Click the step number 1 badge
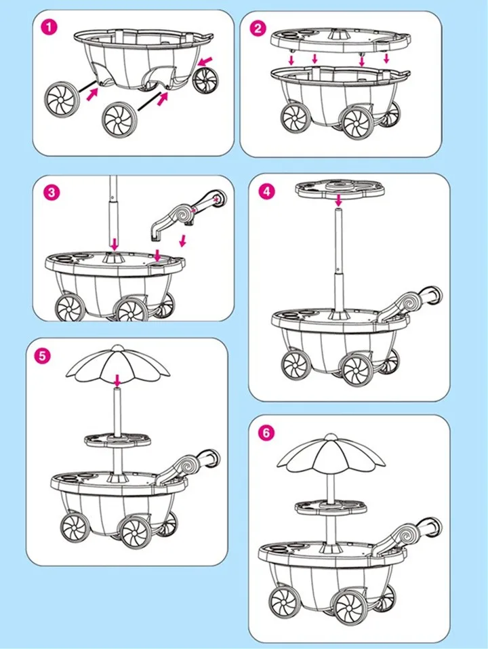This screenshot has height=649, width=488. [x=49, y=28]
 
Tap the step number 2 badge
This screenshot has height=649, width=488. [x=258, y=28]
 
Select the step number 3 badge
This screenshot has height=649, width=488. [x=52, y=192]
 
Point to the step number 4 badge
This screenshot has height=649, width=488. [x=266, y=191]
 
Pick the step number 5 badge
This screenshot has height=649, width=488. [x=42, y=356]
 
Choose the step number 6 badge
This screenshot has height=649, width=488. [x=266, y=433]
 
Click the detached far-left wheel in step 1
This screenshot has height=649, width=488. [x=62, y=100]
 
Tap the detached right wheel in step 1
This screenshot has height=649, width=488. [x=205, y=80]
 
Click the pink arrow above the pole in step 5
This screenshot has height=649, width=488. [x=118, y=380]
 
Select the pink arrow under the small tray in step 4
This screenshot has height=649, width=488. [x=339, y=201]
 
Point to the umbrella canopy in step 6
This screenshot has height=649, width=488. [x=331, y=454]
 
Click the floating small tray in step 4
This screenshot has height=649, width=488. [x=340, y=189]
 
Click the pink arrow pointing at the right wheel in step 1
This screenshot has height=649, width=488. [x=206, y=61]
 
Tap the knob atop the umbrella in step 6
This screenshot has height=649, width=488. [x=331, y=437]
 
